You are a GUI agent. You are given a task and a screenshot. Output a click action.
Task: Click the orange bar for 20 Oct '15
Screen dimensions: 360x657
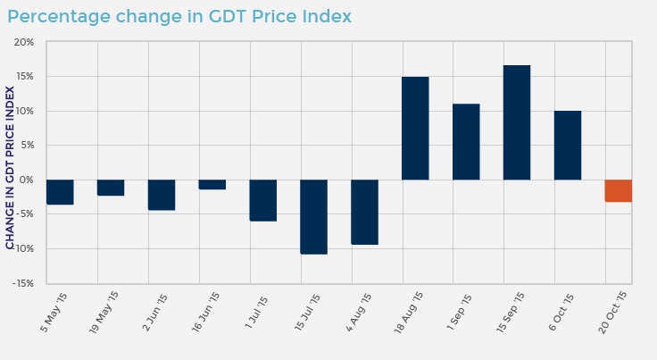[618, 190]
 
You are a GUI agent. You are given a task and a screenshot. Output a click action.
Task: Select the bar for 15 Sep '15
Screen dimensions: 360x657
[516, 122]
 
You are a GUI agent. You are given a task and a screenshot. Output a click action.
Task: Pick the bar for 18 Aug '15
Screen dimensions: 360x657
[415, 128]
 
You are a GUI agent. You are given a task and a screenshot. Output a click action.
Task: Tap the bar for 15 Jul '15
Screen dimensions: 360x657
[313, 216]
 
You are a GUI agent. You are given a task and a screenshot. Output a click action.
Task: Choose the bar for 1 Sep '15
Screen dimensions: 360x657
[466, 141]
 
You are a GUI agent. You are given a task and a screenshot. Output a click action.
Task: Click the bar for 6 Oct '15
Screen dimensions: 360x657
[567, 145]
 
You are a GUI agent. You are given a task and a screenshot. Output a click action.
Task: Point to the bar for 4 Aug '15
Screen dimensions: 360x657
[364, 212]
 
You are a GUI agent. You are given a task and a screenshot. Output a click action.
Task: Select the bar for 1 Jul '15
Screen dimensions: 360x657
[262, 200]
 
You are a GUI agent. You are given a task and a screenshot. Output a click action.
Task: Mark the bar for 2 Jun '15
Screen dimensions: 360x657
[162, 195]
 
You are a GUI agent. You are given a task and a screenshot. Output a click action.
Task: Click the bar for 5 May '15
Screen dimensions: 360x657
[60, 192]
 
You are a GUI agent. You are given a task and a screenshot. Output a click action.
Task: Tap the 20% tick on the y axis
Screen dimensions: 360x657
[23, 42]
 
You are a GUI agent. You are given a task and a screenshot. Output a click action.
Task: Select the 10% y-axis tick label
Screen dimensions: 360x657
[24, 111]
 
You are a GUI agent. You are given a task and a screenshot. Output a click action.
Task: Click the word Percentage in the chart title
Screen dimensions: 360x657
[59, 17]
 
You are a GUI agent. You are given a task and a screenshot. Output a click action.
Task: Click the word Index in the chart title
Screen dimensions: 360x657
[325, 17]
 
